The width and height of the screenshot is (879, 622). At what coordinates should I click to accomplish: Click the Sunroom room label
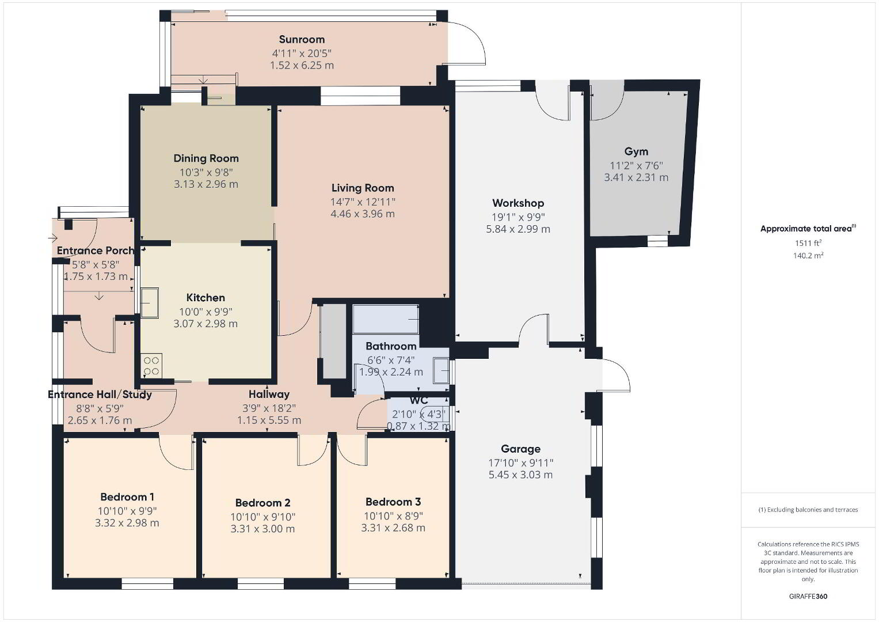coord(302,39)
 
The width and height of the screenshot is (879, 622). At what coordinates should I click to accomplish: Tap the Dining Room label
coord(206,158)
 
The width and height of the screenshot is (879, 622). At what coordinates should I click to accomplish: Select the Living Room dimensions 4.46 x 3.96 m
coord(363,214)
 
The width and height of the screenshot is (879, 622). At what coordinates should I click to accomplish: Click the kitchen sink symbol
coord(150,303)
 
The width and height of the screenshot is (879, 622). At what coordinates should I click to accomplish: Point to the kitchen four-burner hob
coord(151,366)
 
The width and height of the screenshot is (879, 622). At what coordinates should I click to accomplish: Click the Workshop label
coord(518,203)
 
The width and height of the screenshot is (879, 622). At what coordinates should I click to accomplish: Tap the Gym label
coord(636,151)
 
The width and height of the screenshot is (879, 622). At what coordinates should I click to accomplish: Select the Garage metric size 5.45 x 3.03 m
coord(520,475)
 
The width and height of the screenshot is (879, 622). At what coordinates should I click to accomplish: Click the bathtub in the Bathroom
coord(386,319)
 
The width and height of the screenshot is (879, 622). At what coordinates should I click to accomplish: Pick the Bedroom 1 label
coord(127,496)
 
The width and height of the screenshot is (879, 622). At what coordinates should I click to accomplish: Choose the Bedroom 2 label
coord(262,503)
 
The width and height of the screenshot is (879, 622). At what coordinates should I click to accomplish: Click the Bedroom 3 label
coord(393,502)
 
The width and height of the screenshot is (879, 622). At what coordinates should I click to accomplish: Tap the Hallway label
coord(269,394)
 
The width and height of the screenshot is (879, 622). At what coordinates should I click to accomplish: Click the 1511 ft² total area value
coord(808,242)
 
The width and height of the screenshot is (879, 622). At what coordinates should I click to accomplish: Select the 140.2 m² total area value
coord(808,255)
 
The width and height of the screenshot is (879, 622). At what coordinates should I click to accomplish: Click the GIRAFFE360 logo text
coord(808,596)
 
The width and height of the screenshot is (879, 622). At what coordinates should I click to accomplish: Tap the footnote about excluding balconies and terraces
coord(808,510)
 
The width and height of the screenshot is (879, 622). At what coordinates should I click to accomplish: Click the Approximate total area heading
coord(808,229)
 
